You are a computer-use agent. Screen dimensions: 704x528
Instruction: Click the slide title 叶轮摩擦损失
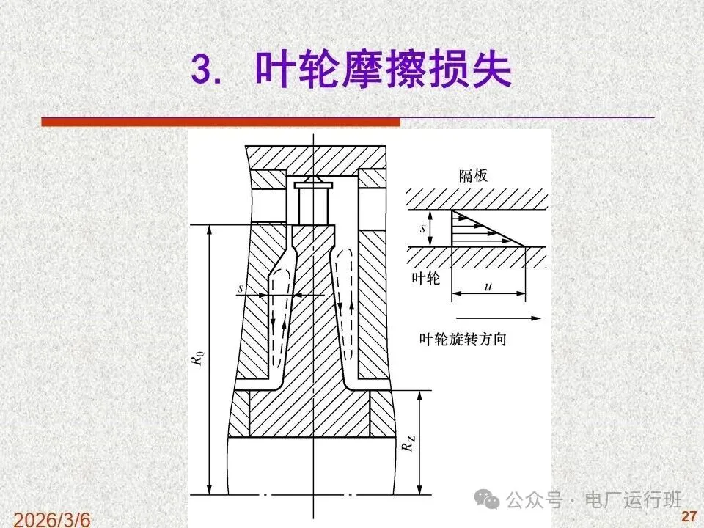point(384,70)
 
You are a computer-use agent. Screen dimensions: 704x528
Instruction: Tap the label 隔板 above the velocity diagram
point(473,175)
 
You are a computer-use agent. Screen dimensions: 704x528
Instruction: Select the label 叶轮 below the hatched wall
point(426,279)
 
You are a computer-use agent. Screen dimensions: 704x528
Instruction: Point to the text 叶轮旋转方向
point(463,339)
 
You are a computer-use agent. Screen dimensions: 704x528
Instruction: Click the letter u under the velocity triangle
point(488,286)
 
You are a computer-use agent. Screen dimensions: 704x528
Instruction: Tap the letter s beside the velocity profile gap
point(422,228)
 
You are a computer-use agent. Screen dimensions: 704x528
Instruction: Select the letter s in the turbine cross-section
point(241,287)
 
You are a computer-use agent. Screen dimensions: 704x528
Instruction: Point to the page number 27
point(689,516)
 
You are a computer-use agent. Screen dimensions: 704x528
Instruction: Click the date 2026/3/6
point(52,519)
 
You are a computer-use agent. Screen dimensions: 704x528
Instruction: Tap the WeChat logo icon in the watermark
point(487,499)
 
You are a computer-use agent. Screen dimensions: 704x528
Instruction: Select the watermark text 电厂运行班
point(633,499)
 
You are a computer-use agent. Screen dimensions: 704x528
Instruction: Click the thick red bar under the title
point(221,122)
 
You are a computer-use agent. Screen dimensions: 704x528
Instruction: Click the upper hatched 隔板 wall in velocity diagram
point(477,199)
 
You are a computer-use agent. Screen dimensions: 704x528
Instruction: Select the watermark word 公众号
point(535,499)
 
